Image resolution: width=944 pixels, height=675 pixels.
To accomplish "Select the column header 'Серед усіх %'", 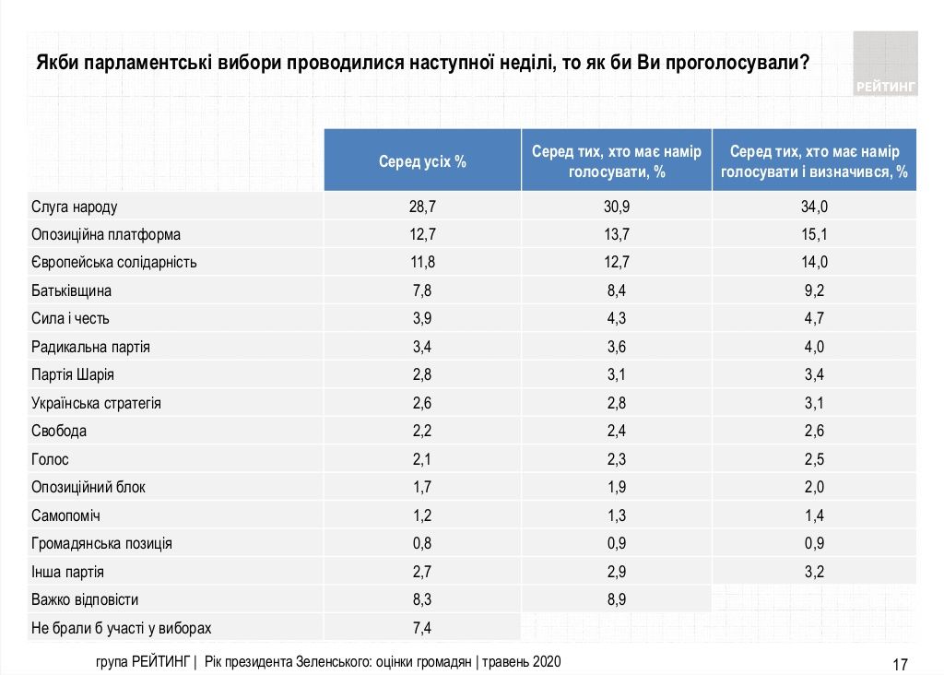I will [422, 161].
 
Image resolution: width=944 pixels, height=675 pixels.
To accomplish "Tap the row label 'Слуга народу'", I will [75, 207].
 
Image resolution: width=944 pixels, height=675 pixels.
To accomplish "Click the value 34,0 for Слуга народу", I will [815, 207].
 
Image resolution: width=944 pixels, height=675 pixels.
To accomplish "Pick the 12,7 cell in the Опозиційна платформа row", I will [422, 234].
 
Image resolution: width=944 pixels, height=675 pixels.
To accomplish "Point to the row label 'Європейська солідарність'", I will [114, 262].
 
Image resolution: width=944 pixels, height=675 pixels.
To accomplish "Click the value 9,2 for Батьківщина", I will [815, 290].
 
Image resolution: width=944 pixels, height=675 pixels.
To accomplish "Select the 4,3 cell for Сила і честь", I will [616, 319].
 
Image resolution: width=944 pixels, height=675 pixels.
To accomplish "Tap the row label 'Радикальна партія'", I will [90, 347].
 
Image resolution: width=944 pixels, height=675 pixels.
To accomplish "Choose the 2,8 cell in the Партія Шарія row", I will [422, 375].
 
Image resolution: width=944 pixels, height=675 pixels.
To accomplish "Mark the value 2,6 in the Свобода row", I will [815, 432].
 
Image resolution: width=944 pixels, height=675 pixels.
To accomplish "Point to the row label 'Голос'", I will [50, 459].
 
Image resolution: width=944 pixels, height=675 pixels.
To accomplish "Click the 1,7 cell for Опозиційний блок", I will [422, 487].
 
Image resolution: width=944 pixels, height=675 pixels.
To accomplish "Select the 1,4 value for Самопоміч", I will [815, 515].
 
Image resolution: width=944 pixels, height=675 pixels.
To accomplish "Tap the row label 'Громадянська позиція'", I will [101, 543].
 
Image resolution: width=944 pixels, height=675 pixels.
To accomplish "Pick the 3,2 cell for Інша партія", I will [815, 572].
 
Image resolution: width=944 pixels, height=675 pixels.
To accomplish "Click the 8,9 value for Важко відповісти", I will [616, 599].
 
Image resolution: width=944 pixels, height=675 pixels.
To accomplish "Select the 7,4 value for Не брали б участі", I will [422, 628].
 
